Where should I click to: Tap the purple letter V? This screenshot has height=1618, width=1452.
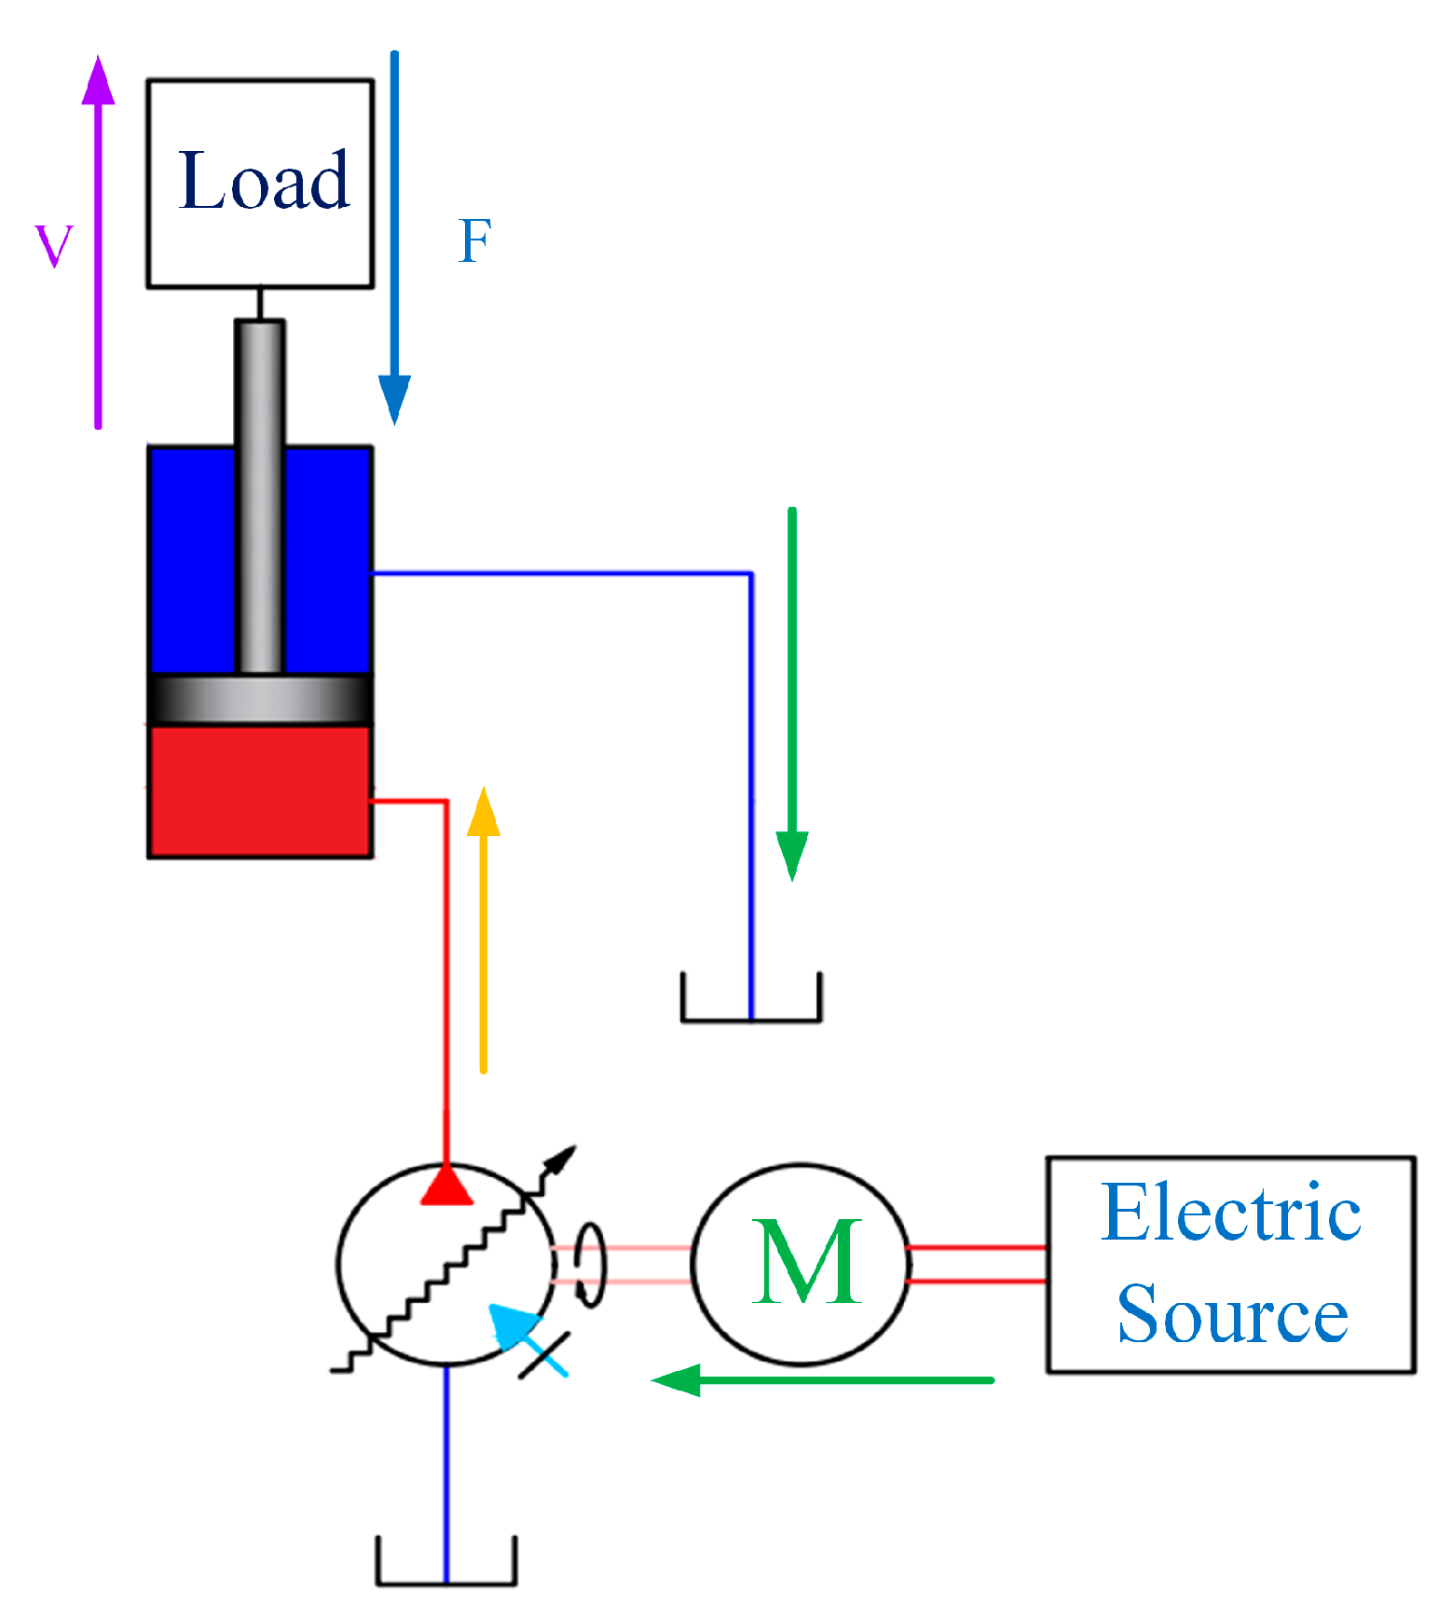pyautogui.click(x=53, y=246)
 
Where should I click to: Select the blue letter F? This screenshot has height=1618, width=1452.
pyautogui.click(x=475, y=241)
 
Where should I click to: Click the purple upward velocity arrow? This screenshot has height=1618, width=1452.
pyautogui.click(x=98, y=242)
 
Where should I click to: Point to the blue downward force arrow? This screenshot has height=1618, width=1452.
pyautogui.click(x=394, y=238)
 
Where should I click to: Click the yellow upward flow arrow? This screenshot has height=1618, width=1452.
pyautogui.click(x=483, y=930)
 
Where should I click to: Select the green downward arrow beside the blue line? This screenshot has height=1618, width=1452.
pyautogui.click(x=792, y=694)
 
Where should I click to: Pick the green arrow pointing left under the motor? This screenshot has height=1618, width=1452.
pyautogui.click(x=823, y=1379)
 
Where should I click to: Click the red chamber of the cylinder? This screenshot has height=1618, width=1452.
pyautogui.click(x=260, y=791)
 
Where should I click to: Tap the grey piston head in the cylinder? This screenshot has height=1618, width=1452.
pyautogui.click(x=260, y=699)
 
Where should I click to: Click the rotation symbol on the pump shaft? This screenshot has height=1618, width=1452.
pyautogui.click(x=590, y=1264)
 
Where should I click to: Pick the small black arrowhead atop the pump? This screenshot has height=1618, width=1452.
pyautogui.click(x=561, y=1161)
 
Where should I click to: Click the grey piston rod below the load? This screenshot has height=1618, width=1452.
pyautogui.click(x=259, y=497)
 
